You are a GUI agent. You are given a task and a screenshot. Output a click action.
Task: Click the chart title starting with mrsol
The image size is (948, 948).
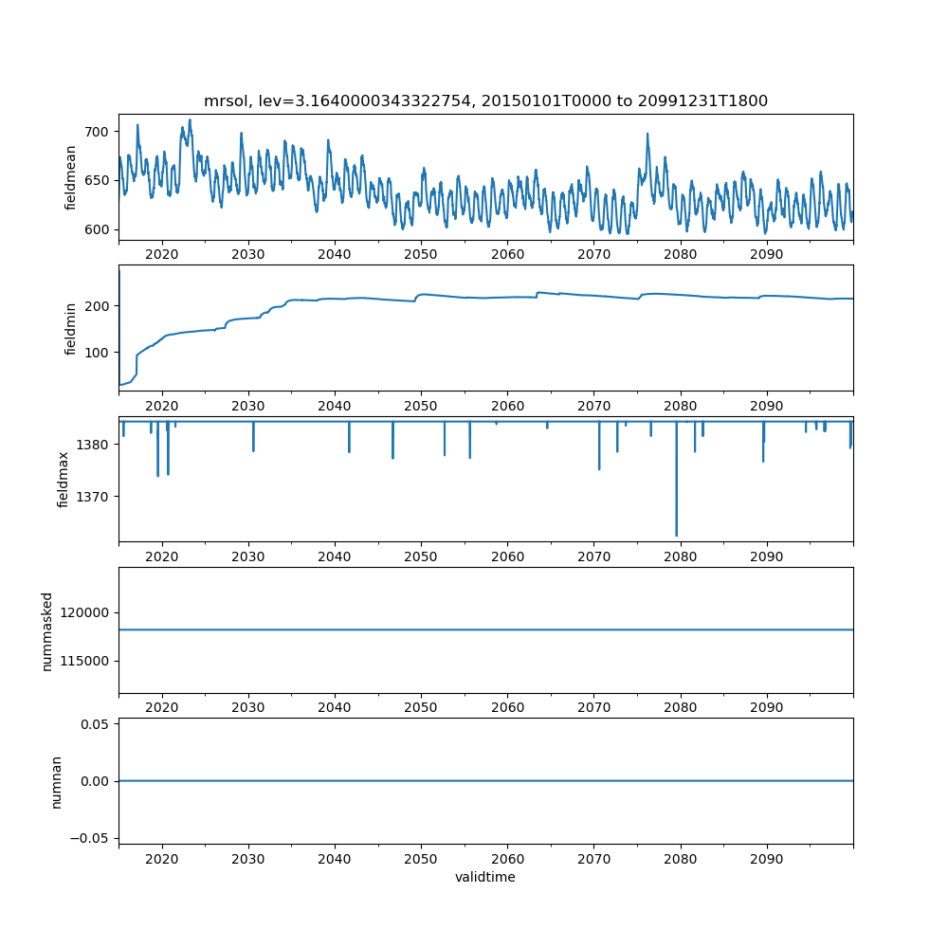click(485, 100)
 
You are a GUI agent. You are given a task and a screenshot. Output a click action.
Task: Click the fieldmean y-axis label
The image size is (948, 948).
click(70, 178)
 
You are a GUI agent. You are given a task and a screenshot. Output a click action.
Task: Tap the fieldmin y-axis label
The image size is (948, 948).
click(70, 329)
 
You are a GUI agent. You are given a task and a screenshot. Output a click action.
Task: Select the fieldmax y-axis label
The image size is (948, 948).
click(63, 480)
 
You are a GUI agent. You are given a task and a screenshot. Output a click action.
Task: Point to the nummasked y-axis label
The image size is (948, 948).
click(47, 631)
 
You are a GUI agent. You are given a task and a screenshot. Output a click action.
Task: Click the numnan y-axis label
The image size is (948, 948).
click(56, 782)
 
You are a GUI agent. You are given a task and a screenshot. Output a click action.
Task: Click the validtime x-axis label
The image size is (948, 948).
click(485, 877)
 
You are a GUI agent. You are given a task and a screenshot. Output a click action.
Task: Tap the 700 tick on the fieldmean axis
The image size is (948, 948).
click(97, 132)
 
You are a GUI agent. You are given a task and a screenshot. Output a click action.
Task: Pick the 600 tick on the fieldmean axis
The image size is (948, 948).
click(97, 229)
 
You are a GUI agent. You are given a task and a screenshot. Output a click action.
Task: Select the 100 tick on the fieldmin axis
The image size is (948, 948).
click(97, 353)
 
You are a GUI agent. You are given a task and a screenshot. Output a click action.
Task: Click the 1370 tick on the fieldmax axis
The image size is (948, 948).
click(93, 497)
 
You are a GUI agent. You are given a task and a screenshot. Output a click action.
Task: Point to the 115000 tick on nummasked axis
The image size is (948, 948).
click(84, 661)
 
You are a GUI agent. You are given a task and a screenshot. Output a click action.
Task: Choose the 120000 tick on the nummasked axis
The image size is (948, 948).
click(84, 612)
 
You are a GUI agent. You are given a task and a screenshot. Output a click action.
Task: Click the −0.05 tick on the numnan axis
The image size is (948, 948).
click(90, 838)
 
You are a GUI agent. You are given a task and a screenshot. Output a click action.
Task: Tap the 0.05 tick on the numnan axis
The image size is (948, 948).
click(95, 724)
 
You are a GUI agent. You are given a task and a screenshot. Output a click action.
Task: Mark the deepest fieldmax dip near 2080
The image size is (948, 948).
click(677, 535)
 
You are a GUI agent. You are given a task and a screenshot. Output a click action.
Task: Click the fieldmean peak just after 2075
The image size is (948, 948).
click(647, 135)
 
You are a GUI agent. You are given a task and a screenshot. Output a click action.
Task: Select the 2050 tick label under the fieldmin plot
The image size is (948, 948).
click(421, 406)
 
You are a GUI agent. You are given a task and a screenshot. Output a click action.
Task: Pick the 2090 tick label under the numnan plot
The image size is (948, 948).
click(767, 859)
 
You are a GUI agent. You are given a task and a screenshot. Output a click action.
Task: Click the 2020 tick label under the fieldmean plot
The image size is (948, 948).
click(161, 254)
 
